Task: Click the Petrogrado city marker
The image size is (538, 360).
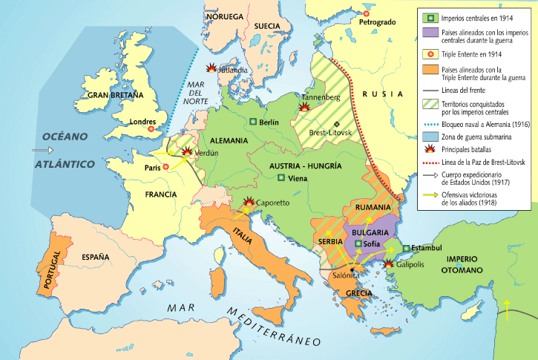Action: pos(365,13)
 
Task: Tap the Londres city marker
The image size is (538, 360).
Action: pos(151,129)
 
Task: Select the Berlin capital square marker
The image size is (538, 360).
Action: pos(254,122)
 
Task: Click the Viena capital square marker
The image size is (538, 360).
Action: pos(281,178)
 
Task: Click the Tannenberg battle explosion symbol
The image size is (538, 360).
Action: pos(304,107)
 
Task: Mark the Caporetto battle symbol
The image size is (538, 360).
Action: pos(249,201)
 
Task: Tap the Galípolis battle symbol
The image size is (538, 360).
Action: pos(388,264)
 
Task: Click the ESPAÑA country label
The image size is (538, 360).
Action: pos(96,257)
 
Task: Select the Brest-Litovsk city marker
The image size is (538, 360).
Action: pos(336,124)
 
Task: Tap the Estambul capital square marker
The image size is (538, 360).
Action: pos(407,248)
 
